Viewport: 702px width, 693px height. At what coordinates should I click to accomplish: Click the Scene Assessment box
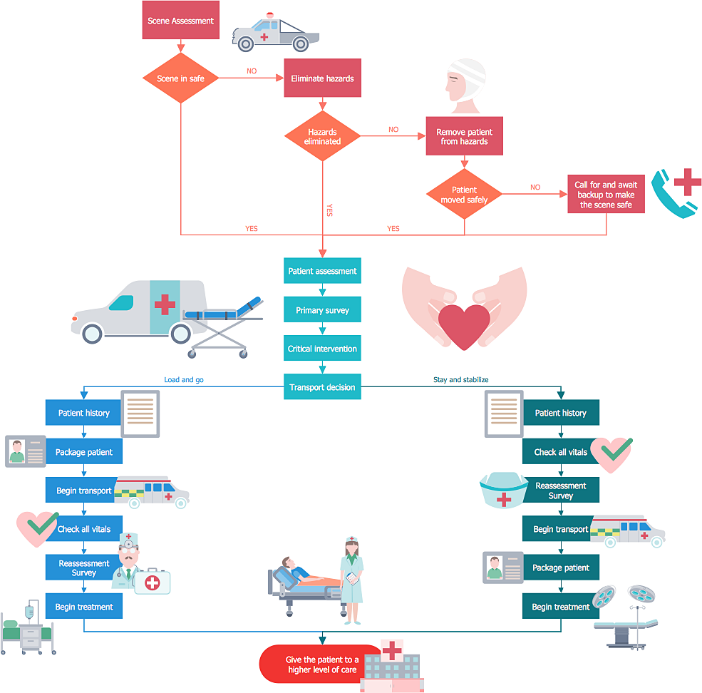click(x=180, y=21)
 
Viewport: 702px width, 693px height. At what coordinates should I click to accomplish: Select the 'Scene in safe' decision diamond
click(x=180, y=78)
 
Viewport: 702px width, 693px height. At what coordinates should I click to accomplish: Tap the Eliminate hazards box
click(x=322, y=78)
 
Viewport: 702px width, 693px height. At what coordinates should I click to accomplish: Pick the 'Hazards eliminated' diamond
click(x=322, y=136)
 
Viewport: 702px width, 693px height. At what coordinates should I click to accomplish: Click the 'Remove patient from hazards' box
click(x=464, y=136)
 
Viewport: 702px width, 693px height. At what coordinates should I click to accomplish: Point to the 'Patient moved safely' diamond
click(x=464, y=195)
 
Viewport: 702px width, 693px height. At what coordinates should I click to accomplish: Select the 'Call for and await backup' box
click(x=606, y=194)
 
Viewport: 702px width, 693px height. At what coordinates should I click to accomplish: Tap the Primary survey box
click(x=322, y=310)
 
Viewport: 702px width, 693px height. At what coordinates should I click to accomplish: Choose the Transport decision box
click(x=322, y=387)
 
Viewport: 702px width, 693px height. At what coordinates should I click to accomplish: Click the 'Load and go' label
click(x=184, y=380)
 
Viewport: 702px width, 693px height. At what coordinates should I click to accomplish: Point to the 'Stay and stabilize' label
click(x=460, y=380)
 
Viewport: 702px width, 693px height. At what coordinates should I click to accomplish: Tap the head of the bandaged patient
click(x=465, y=83)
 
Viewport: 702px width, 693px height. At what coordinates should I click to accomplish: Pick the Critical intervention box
click(x=322, y=349)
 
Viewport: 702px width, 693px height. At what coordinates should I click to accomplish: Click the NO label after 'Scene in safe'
click(x=252, y=71)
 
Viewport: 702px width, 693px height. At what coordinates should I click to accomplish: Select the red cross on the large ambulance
click(x=165, y=305)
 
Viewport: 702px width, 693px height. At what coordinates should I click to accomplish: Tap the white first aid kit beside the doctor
click(x=153, y=582)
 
